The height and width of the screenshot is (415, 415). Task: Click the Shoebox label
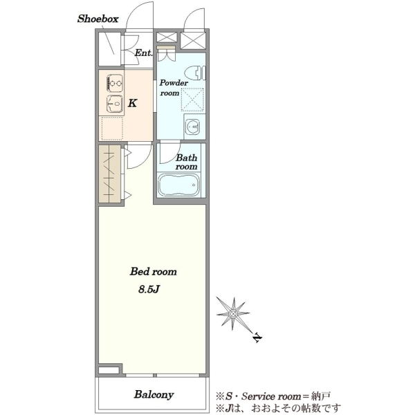click(98, 19)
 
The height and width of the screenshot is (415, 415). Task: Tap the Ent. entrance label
click(144, 53)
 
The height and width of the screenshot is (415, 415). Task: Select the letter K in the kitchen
click(132, 103)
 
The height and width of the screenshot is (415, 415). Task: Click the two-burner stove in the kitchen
click(115, 83)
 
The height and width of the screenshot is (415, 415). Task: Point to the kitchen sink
click(115, 104)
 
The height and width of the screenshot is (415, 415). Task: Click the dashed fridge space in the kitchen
click(112, 129)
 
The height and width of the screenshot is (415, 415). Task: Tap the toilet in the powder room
click(195, 73)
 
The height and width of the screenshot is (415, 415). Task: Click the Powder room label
click(174, 88)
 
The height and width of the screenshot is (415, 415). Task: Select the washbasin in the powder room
click(193, 127)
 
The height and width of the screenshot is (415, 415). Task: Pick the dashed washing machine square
click(193, 100)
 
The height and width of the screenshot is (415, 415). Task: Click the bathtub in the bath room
click(179, 185)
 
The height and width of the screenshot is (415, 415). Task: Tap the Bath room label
click(186, 162)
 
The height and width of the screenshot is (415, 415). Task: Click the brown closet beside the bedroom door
click(109, 174)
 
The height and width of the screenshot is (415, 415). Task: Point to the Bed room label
click(154, 272)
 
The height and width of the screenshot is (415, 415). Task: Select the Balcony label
click(154, 394)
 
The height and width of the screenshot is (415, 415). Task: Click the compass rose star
click(233, 313)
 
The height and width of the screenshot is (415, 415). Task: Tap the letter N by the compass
click(257, 338)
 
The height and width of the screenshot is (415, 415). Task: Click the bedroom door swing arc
click(145, 161)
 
